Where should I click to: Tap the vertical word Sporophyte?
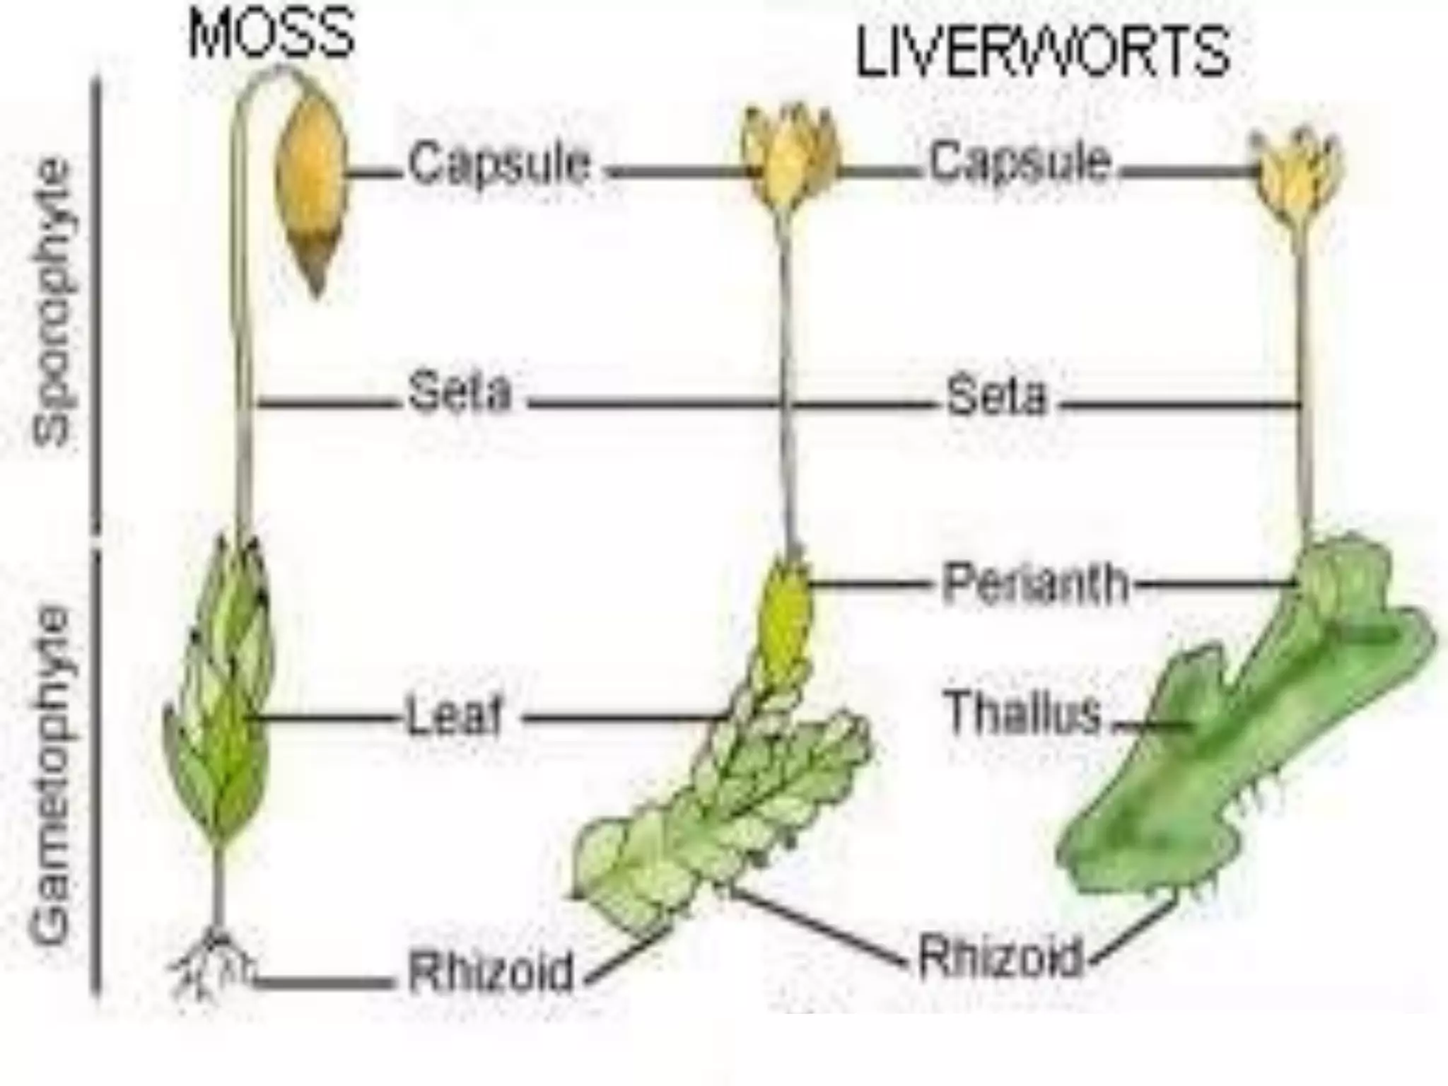click(x=54, y=304)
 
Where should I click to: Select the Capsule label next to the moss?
click(x=499, y=164)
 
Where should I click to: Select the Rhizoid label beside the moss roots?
click(x=491, y=972)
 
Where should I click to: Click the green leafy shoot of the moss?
click(x=219, y=707)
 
